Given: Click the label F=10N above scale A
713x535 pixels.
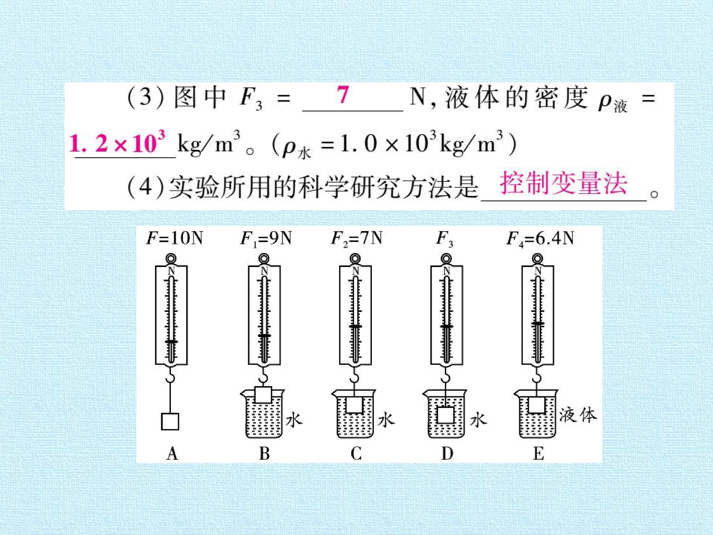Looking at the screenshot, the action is pos(174,239).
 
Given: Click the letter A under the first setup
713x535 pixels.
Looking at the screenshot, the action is pos(173,454).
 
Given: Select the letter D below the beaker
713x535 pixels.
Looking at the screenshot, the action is pos(447,454).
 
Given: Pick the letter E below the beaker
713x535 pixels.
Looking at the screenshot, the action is pos(538,454).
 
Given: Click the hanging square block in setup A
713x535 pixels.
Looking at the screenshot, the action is pos(170,421).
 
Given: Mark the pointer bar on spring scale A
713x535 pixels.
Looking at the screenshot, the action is pos(171,341).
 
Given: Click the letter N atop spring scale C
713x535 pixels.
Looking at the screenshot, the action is pos(355,271).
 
